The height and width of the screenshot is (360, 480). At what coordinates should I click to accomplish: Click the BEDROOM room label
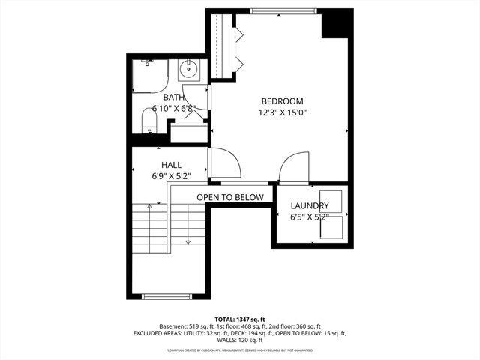(282, 101)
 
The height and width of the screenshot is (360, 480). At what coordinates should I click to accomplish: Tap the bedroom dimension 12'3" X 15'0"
(282, 113)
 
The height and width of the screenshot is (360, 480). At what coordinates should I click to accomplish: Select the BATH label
(174, 97)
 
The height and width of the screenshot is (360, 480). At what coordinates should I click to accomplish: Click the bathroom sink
(188, 72)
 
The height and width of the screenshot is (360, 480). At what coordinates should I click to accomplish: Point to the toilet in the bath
(149, 122)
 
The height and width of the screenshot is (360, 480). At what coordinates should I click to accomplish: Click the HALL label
(171, 165)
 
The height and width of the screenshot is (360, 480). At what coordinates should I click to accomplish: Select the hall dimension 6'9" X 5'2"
(171, 177)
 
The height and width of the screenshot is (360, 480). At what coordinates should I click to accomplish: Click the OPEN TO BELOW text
(230, 197)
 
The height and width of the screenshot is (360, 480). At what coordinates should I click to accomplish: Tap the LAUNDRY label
(310, 206)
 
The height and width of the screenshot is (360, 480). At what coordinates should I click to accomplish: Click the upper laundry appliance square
(331, 202)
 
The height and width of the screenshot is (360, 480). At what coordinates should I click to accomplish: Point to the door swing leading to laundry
(294, 167)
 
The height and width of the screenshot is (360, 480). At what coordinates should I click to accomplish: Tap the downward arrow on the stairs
(187, 240)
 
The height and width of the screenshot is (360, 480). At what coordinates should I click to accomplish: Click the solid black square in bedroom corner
(337, 24)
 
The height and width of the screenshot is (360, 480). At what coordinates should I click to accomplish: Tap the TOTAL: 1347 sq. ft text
(239, 319)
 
